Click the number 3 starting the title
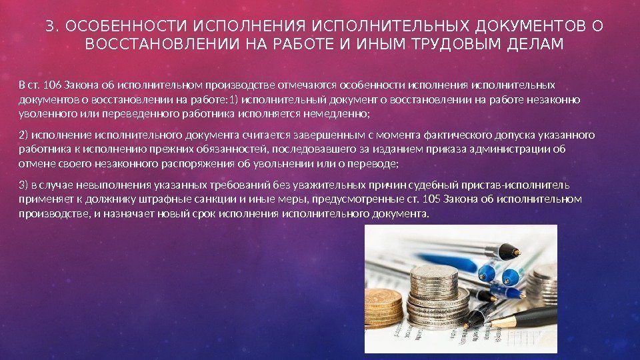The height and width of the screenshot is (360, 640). (49, 27)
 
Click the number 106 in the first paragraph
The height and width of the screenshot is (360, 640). (52, 86)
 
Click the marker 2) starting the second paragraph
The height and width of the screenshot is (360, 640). (24, 135)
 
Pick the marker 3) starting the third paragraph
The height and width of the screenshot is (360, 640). (24, 184)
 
